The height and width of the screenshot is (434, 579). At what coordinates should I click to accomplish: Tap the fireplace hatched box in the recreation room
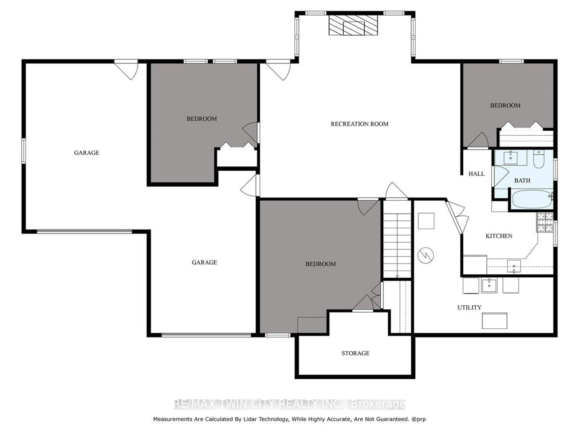pos(353,25)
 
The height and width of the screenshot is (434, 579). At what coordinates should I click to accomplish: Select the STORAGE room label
pos(355,353)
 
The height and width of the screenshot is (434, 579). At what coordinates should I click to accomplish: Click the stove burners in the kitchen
pos(545,222)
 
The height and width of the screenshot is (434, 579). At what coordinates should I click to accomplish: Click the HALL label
pos(476,174)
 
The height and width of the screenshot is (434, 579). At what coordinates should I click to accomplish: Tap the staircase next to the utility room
pos(397,245)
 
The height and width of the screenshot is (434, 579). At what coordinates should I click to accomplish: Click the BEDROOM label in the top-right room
pos(505,105)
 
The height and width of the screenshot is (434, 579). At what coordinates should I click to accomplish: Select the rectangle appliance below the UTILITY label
pos(494,321)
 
